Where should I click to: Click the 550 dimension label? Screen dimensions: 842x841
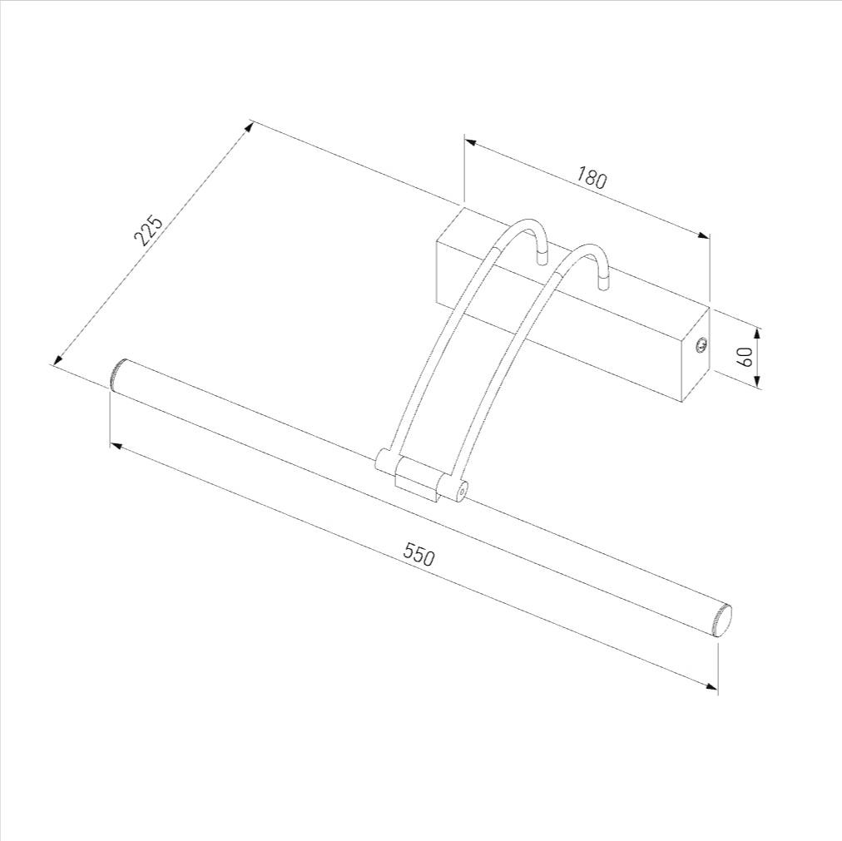pos(419,555)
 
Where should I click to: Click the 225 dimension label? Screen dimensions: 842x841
pos(147,230)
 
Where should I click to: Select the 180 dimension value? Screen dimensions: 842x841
pos(592,177)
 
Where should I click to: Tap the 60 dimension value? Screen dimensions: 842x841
pos(745,357)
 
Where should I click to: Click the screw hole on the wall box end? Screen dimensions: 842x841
pos(701,346)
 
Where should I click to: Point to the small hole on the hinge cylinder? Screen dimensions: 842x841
pos(461,489)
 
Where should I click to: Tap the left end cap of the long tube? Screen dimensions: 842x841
pos(117,373)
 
